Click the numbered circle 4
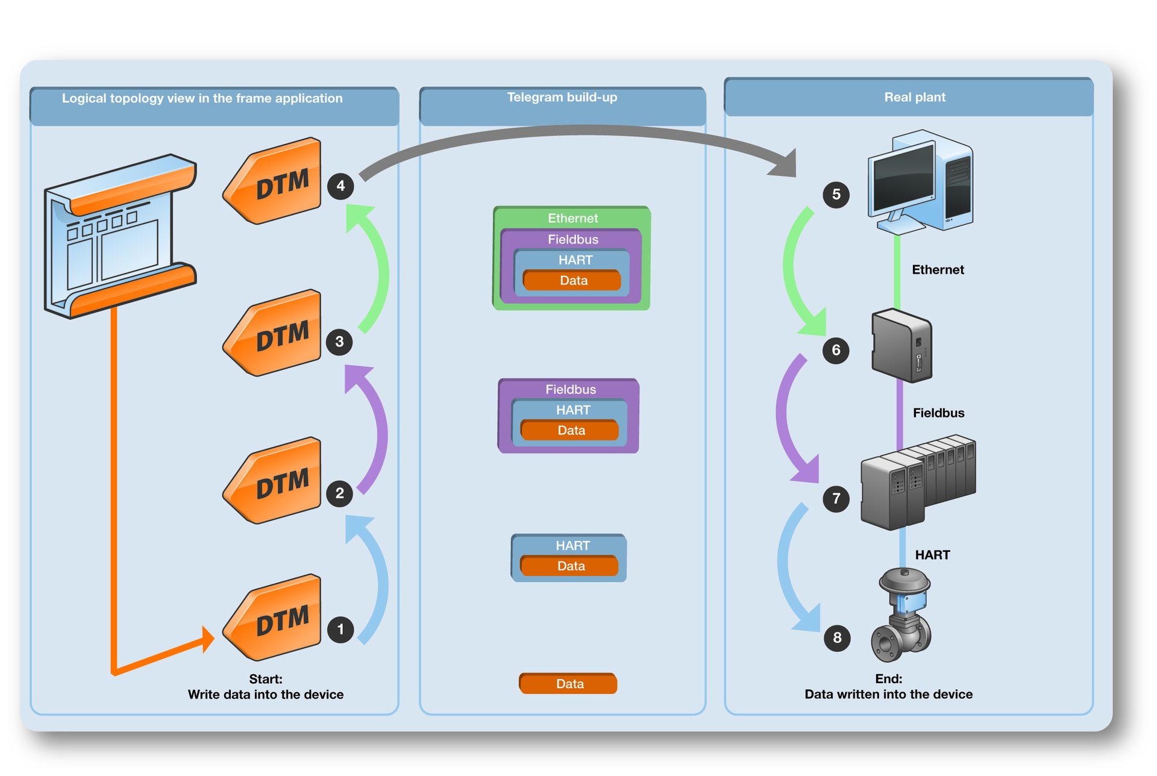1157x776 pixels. click(x=340, y=186)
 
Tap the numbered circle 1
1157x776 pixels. click(x=340, y=630)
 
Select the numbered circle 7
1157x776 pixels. click(x=836, y=499)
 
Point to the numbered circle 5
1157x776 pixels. click(x=836, y=195)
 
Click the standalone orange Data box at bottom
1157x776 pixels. click(x=568, y=684)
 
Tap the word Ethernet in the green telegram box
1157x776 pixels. click(x=572, y=218)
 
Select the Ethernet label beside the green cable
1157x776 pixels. click(x=938, y=270)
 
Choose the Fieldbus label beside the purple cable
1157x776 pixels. click(x=938, y=413)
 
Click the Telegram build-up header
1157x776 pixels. click(x=562, y=98)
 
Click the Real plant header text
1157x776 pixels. click(x=914, y=98)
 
